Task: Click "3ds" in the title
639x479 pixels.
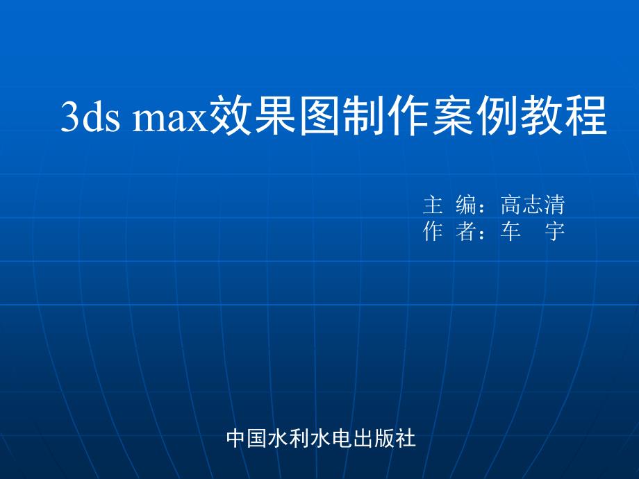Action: click(x=90, y=116)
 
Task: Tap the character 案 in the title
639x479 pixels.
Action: click(x=453, y=115)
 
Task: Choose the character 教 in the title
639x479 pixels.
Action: click(x=542, y=115)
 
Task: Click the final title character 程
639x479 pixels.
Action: click(x=586, y=115)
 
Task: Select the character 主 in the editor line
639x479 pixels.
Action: click(x=433, y=205)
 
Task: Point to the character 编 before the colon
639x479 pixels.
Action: click(x=466, y=205)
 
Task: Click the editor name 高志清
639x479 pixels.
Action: click(x=533, y=205)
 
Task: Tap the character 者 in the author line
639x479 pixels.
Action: click(x=466, y=231)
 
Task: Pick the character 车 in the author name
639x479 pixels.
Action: click(x=511, y=231)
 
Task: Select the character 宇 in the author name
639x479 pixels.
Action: click(x=555, y=231)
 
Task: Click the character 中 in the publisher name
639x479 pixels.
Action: click(x=237, y=439)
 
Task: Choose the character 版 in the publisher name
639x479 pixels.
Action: click(x=385, y=439)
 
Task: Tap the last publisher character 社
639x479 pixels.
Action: click(x=406, y=439)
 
